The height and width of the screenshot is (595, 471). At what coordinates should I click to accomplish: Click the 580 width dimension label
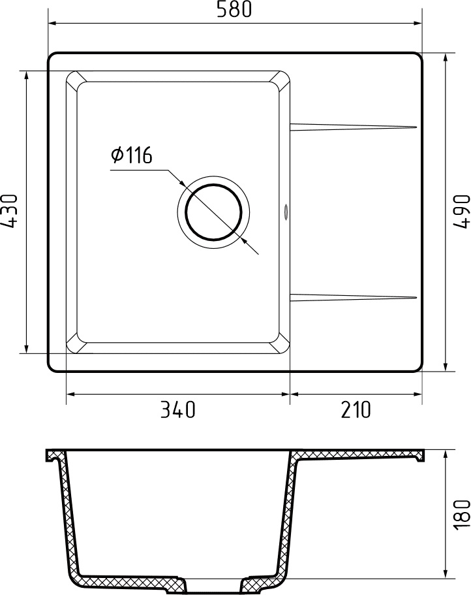click(x=234, y=10)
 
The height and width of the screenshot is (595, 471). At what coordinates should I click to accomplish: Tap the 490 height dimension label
click(x=461, y=211)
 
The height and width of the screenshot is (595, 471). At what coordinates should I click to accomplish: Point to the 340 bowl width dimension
click(x=177, y=410)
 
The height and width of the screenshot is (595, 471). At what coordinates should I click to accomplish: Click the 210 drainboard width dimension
click(x=355, y=410)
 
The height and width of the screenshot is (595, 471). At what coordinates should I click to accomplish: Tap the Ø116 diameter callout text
click(x=131, y=155)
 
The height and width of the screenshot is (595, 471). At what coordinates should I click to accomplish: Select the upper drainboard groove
click(x=353, y=125)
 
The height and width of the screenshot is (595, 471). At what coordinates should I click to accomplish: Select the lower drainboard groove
click(x=353, y=298)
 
